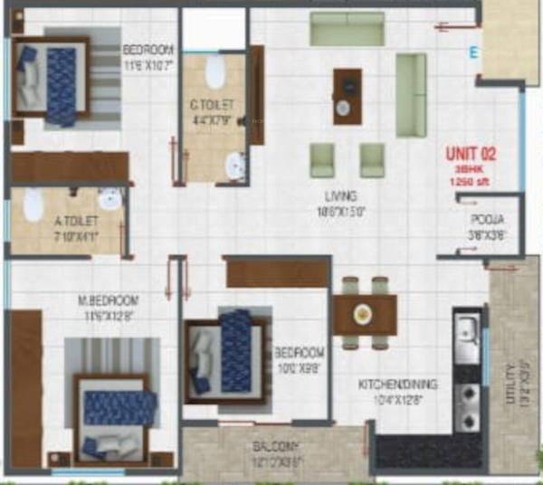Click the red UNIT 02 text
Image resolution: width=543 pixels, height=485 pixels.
(471, 154)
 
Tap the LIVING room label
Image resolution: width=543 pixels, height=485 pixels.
(341, 195)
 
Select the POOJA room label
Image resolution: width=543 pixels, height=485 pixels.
(481, 220)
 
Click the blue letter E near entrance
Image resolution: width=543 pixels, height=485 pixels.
(472, 53)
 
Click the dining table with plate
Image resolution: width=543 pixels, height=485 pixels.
(364, 314)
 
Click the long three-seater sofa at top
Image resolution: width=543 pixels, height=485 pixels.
(347, 29)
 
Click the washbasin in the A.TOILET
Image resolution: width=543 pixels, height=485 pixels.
(110, 199)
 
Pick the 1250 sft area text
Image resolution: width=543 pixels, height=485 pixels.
(471, 181)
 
